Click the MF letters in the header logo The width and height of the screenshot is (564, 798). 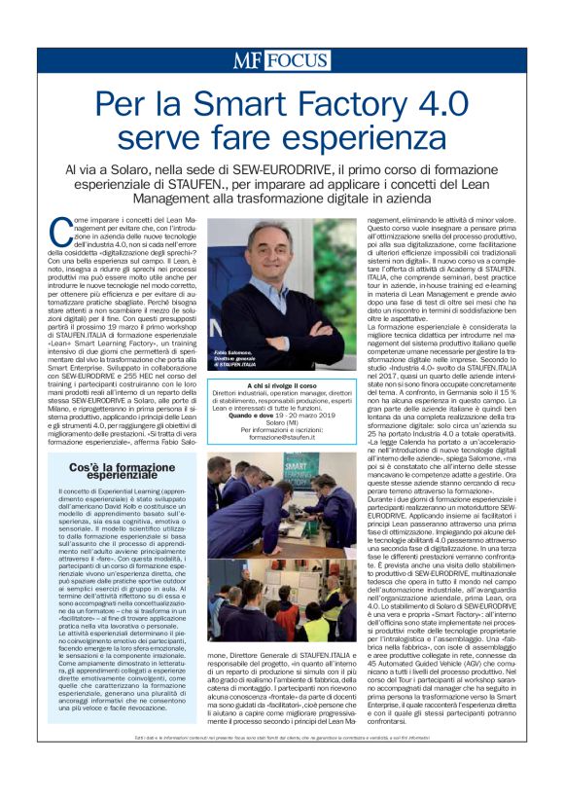(x=247, y=60)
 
